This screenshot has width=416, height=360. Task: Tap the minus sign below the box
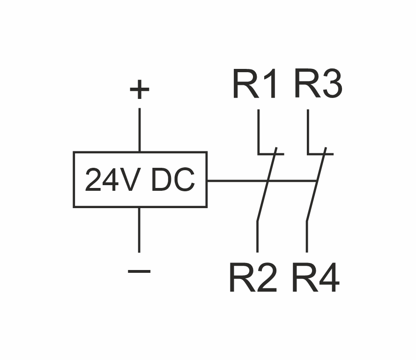(x=139, y=271)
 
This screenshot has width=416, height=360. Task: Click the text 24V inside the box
(x=111, y=180)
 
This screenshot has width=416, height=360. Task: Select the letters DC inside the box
(x=173, y=180)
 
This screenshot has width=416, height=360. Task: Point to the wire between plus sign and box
(x=139, y=130)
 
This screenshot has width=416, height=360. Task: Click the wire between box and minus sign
(x=139, y=230)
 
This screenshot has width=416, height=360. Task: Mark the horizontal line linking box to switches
(x=237, y=180)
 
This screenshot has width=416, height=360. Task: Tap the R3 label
(x=318, y=85)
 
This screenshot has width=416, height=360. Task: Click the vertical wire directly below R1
(x=258, y=131)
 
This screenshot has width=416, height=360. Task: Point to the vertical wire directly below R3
(x=308, y=131)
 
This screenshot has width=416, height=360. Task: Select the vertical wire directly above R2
(x=257, y=237)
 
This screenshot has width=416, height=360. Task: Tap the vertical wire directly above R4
(x=307, y=237)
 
